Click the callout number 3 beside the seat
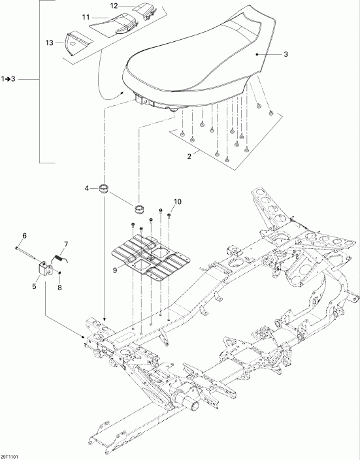[286, 56]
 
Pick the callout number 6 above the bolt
[24, 236]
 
